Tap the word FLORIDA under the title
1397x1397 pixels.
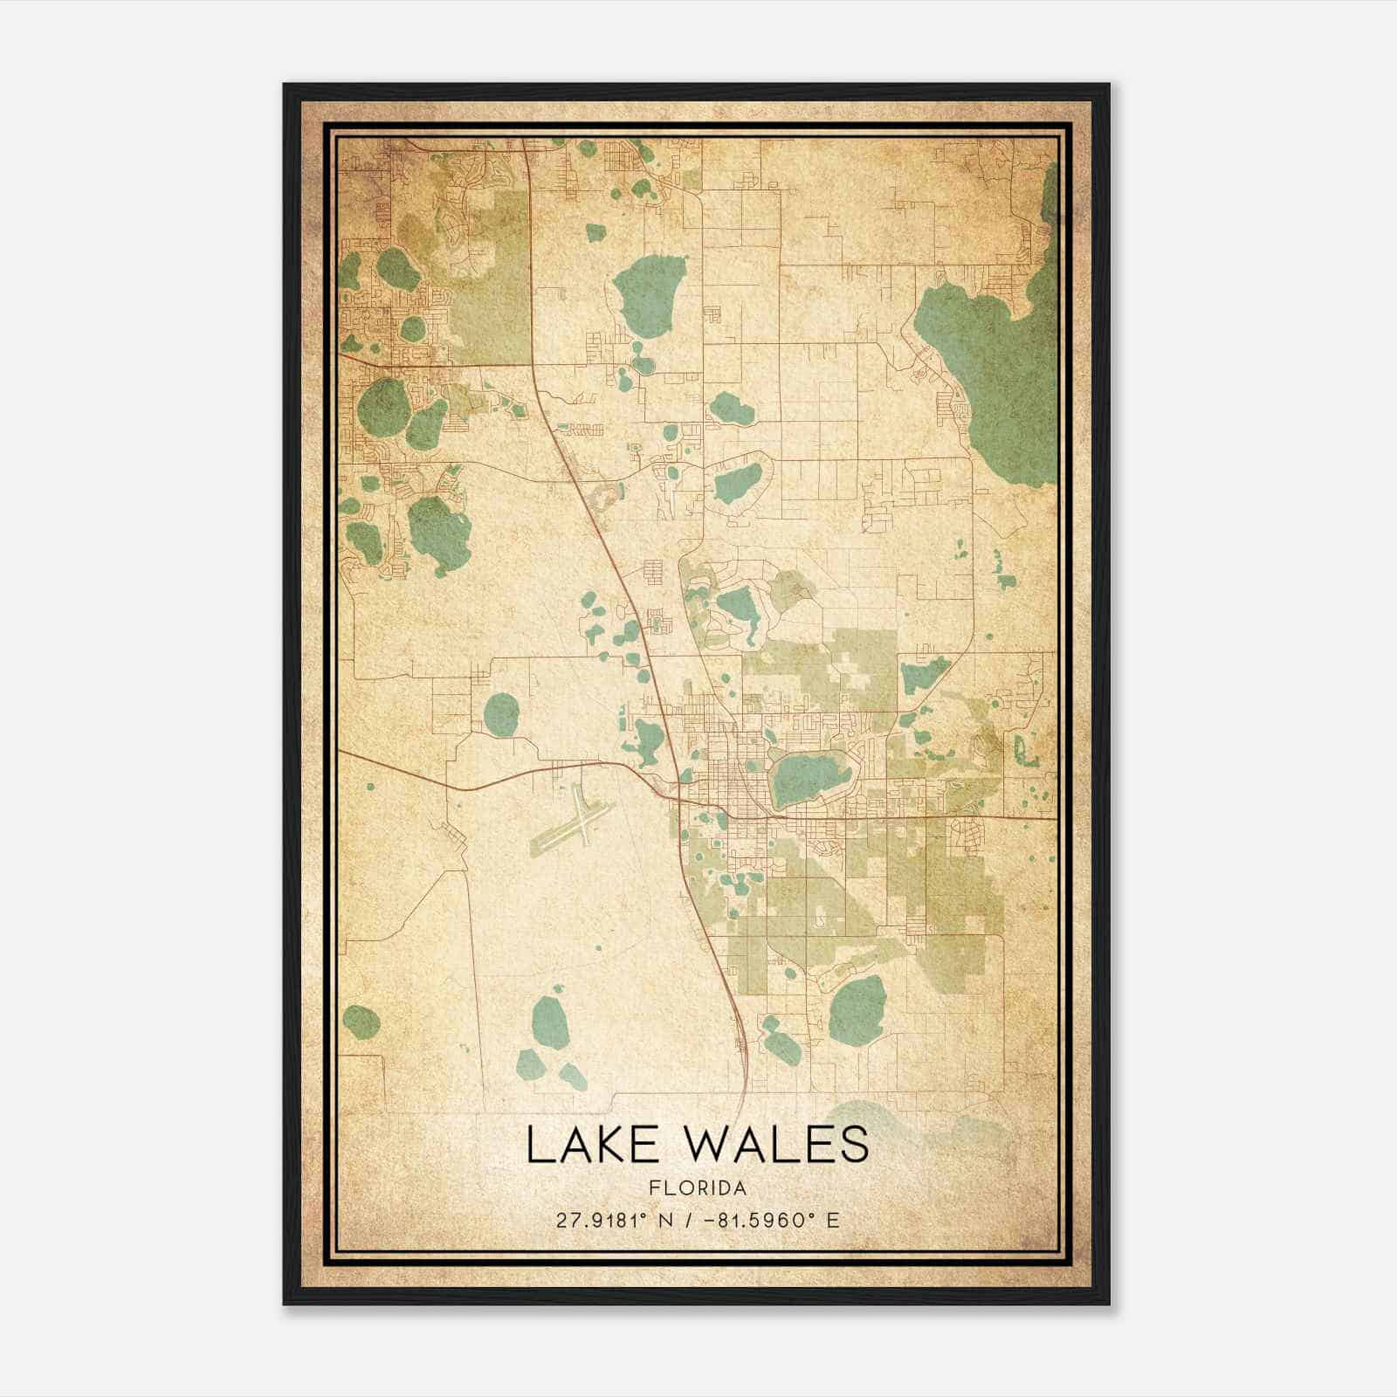(698, 1188)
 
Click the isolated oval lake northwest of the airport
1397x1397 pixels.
(500, 714)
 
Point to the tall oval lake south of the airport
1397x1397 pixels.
(550, 1022)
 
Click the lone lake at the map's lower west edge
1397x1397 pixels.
(360, 1019)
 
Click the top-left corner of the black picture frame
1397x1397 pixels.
(285, 85)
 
